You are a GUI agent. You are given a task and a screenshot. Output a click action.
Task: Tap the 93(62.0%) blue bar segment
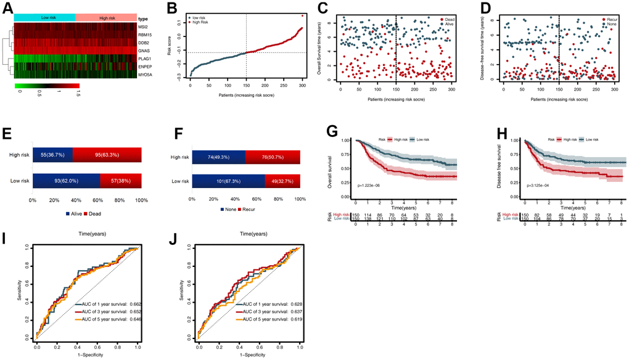tap(54, 180)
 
